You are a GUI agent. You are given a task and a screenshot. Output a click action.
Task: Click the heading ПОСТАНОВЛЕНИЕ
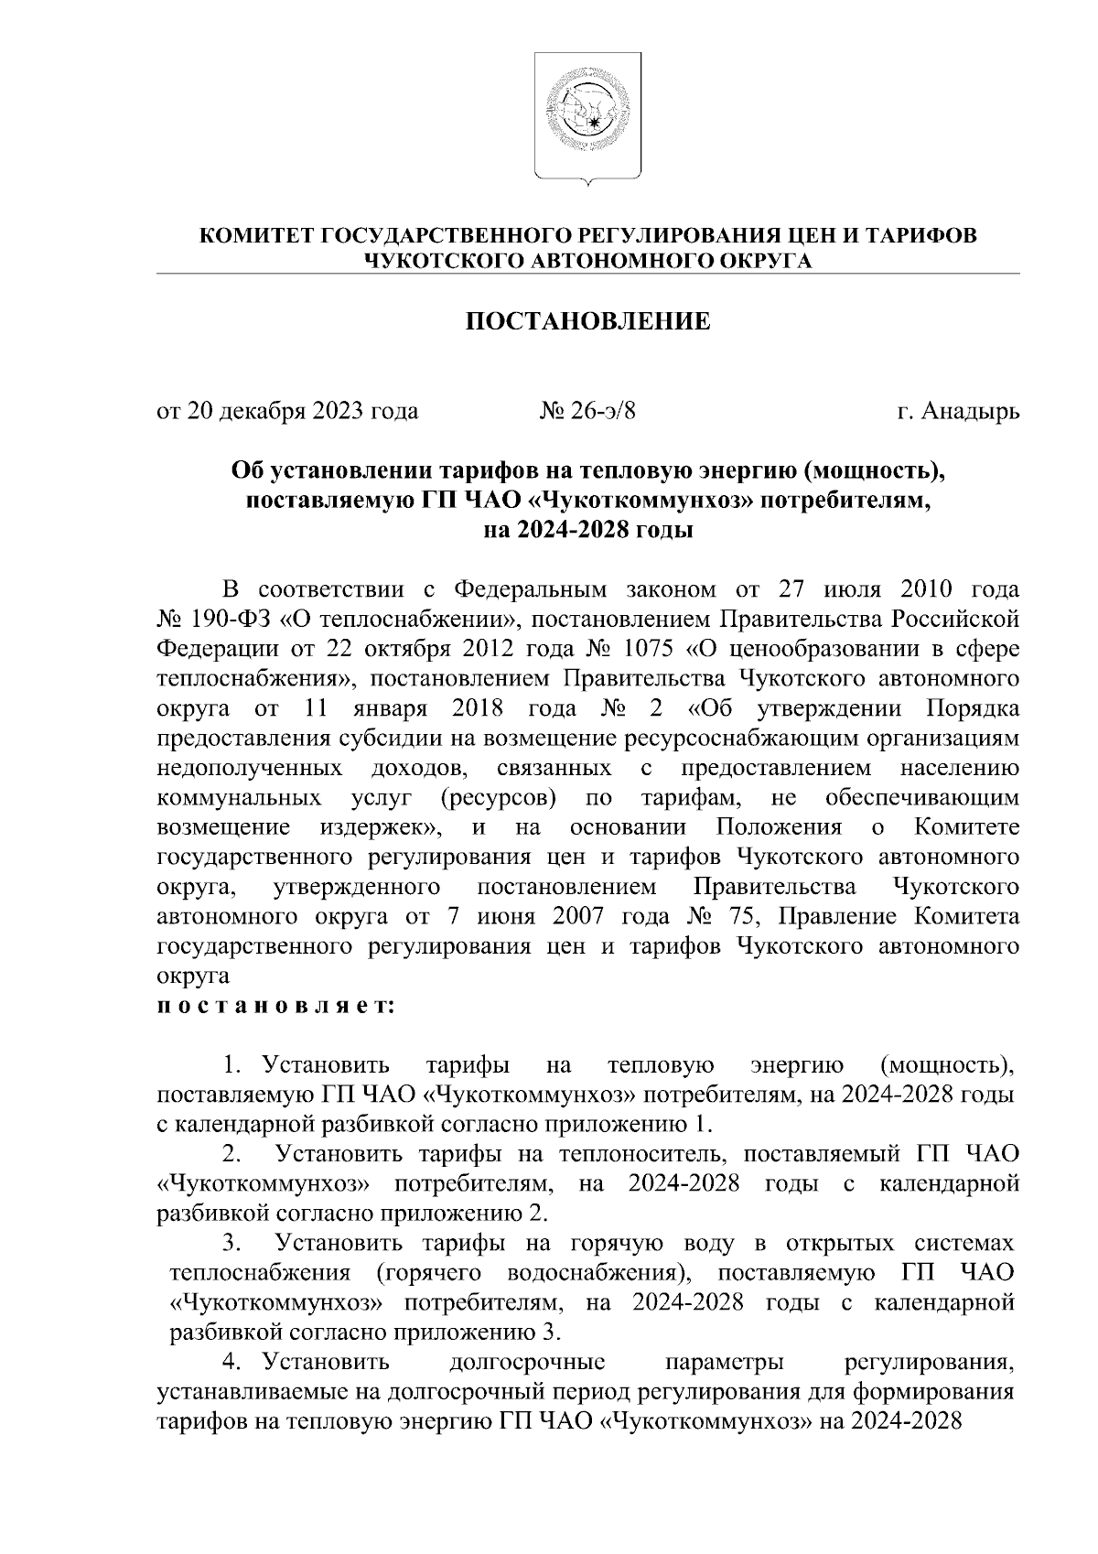coord(588,322)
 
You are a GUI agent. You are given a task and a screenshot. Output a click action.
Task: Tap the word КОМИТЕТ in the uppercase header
coord(257,235)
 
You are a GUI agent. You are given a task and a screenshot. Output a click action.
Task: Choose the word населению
coord(960,767)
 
